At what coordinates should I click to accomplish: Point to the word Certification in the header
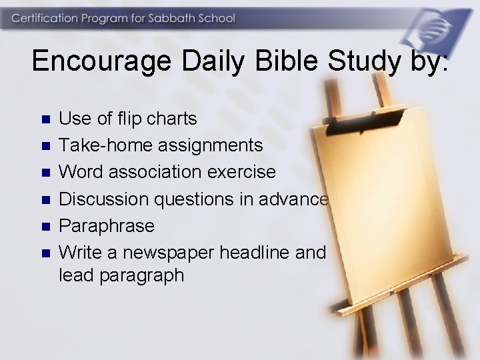pos(45,18)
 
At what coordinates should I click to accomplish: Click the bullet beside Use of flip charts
pos(45,119)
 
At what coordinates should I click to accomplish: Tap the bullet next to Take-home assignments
pos(45,146)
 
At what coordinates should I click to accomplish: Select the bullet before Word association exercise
pos(45,173)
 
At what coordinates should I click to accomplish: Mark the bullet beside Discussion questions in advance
pos(45,199)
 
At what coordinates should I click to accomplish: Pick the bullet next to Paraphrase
pos(45,226)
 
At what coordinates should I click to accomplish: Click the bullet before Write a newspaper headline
pos(45,253)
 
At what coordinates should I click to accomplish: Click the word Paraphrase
pos(107,225)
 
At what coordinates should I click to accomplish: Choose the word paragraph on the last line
pos(141,275)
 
